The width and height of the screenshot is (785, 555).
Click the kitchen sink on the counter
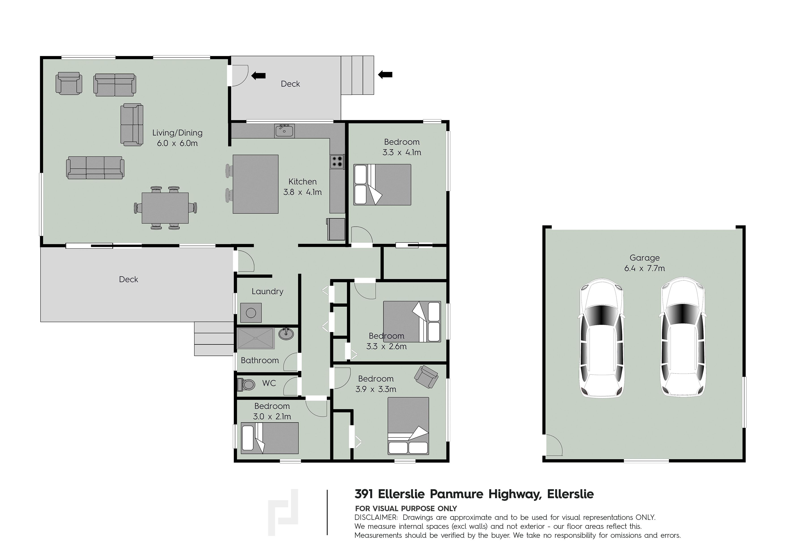(x=284, y=131)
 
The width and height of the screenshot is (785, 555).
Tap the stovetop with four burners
(x=337, y=161)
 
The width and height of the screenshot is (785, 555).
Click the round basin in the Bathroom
(x=286, y=333)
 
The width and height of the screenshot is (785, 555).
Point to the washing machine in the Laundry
(x=251, y=313)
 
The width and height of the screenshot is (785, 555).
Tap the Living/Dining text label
(x=177, y=133)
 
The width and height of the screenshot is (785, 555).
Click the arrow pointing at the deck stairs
(x=385, y=74)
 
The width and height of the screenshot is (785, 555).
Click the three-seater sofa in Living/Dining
(x=95, y=168)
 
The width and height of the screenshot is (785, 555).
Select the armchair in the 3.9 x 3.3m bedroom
(x=426, y=377)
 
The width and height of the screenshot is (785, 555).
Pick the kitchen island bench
(x=255, y=184)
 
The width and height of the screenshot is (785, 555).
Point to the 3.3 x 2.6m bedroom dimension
(x=386, y=347)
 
